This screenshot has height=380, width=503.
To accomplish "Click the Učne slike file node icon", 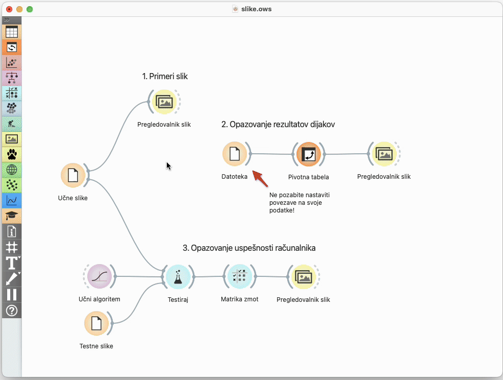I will (73, 176).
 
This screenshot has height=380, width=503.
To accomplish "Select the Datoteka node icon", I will (235, 154).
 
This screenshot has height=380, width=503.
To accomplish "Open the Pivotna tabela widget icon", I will (308, 154).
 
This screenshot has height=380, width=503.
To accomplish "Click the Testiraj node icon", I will (178, 277).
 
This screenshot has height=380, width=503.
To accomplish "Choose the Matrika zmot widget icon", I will (239, 276).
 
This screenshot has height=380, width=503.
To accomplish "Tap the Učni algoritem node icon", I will (99, 276).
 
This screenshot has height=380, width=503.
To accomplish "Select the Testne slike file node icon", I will (96, 323).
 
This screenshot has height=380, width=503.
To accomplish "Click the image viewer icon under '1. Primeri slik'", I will (164, 102).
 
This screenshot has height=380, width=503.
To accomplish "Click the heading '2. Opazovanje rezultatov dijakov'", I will (278, 124).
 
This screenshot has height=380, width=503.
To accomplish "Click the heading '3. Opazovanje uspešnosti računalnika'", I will (249, 248).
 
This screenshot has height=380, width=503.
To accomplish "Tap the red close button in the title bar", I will (9, 9).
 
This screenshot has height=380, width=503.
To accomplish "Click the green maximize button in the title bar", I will (30, 9).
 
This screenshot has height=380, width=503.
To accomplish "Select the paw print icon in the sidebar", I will (12, 154).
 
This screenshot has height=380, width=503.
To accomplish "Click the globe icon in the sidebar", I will (12, 170).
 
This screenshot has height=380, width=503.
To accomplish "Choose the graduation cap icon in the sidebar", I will (12, 216).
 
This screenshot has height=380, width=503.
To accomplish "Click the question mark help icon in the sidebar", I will (12, 310).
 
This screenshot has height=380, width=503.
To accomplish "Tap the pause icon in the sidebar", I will (12, 294).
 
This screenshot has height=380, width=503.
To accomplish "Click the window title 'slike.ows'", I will (256, 9).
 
